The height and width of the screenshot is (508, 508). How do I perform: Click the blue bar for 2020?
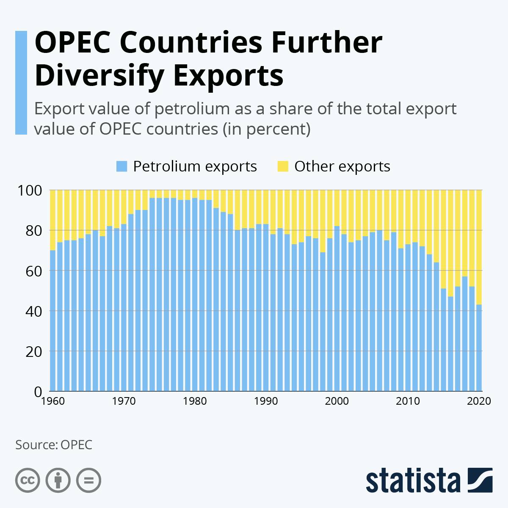tap(479, 347)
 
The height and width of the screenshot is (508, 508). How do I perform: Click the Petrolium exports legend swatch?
tap(121, 166)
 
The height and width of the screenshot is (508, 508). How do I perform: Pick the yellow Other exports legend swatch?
tap(283, 166)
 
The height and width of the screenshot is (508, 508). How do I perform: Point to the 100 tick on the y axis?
tap(30, 190)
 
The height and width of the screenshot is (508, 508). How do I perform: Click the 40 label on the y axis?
tap(30, 311)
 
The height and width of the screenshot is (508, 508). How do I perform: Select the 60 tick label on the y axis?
tap(30, 271)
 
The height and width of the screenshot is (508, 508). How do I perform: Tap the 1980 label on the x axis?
tap(195, 401)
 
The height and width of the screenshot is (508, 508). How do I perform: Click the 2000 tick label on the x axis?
tap(337, 401)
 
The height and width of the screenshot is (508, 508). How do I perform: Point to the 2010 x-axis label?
tap(408, 401)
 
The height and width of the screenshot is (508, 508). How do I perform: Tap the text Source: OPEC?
tap(54, 445)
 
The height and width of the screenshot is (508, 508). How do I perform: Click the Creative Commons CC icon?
tap(28, 480)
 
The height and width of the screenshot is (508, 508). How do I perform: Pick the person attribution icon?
tap(58, 480)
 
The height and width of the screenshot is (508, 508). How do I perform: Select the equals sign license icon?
tap(88, 480)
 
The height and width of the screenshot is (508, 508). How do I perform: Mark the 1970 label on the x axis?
tap(124, 401)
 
